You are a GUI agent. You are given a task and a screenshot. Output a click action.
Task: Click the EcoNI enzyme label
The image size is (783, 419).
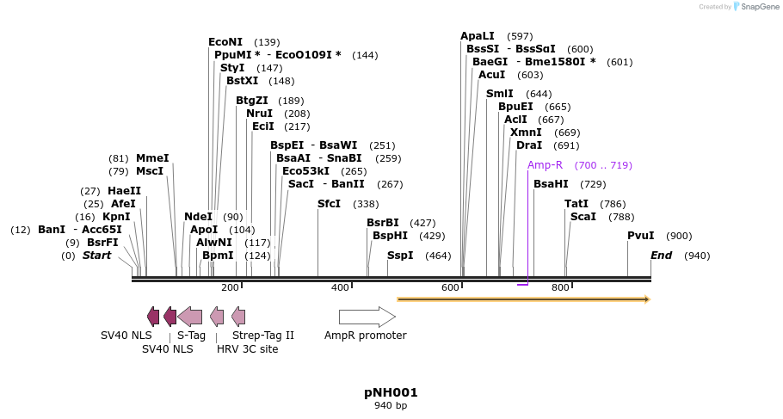pyautogui.click(x=225, y=42)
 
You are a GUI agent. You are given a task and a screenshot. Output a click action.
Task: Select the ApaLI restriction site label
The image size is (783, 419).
pyautogui.click(x=478, y=36)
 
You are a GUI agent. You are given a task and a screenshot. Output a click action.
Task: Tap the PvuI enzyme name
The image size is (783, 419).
pyautogui.click(x=641, y=236)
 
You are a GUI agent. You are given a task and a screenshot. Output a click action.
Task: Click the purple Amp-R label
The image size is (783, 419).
pyautogui.click(x=545, y=165)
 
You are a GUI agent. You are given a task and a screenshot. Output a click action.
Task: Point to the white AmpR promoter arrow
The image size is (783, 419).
pyautogui.click(x=367, y=317)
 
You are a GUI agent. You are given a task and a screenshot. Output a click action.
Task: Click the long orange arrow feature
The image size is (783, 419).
pyautogui.click(x=522, y=299)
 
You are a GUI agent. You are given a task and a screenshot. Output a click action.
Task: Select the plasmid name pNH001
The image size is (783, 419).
pyautogui.click(x=391, y=392)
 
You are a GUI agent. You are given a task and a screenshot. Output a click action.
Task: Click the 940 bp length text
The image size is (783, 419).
pyautogui.click(x=391, y=406)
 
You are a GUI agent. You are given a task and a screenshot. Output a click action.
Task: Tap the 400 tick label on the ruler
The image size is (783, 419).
pyautogui.click(x=340, y=287)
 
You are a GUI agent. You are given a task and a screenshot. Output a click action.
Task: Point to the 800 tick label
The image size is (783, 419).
pyautogui.click(x=560, y=287)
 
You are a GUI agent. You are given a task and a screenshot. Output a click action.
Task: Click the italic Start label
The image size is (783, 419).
pyautogui.click(x=96, y=256)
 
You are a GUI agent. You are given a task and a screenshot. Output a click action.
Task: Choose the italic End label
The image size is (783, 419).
pyautogui.click(x=662, y=256)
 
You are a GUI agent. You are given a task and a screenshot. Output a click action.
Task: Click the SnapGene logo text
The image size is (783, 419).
pyautogui.click(x=761, y=7)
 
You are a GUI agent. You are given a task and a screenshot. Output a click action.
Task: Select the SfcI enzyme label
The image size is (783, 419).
pyautogui.click(x=330, y=204)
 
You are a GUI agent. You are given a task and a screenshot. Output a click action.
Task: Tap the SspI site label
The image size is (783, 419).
pyautogui.click(x=400, y=256)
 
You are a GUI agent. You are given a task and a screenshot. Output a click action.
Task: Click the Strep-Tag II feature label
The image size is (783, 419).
pyautogui.click(x=263, y=336)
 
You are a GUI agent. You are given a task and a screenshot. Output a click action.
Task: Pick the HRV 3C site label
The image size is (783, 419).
pyautogui.click(x=248, y=348)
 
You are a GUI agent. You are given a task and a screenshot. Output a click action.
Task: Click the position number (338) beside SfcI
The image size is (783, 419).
pyautogui.click(x=366, y=205)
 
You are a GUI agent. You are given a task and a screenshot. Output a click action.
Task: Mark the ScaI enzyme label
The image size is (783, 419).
pyautogui.click(x=583, y=217)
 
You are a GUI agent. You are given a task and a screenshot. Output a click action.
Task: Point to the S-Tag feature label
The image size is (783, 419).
pyautogui.click(x=191, y=336)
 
